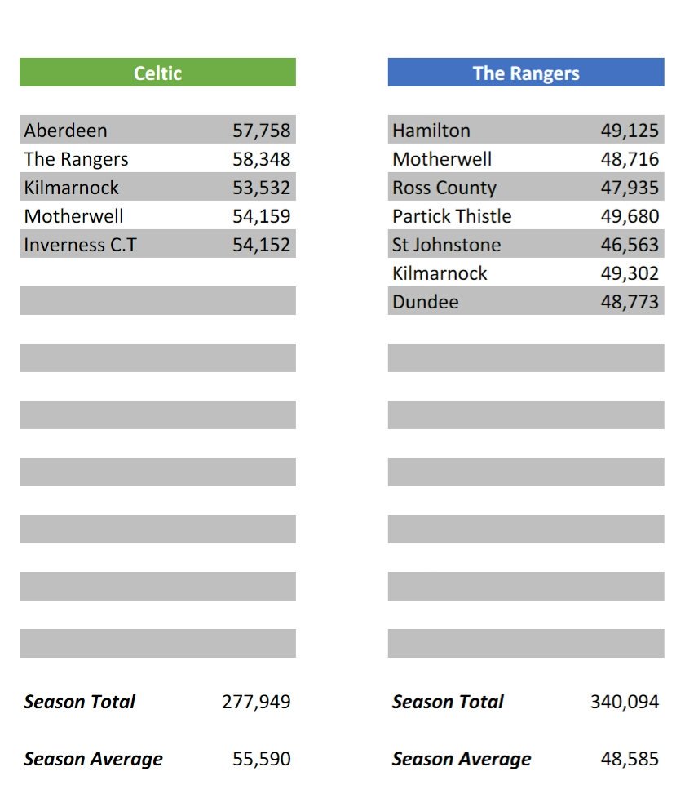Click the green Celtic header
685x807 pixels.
[157, 73]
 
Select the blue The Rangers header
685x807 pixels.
[526, 73]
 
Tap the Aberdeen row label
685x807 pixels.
[66, 131]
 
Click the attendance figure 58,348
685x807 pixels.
[261, 159]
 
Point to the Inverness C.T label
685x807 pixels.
[81, 245]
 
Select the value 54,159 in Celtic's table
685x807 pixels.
[261, 216]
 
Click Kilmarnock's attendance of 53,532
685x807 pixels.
[261, 188]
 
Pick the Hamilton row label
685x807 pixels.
[431, 131]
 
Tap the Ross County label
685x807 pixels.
[444, 188]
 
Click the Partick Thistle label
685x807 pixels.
[452, 216]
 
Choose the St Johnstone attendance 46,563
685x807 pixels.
[630, 245]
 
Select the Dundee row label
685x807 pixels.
[426, 302]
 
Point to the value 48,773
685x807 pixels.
[630, 302]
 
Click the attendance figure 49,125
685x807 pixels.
[630, 131]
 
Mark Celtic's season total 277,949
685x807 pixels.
[256, 702]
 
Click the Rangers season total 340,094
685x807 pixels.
[625, 702]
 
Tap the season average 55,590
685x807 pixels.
[261, 759]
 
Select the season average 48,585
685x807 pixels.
[630, 759]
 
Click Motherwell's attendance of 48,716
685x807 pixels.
[630, 159]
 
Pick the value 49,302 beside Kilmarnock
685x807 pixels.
[630, 273]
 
